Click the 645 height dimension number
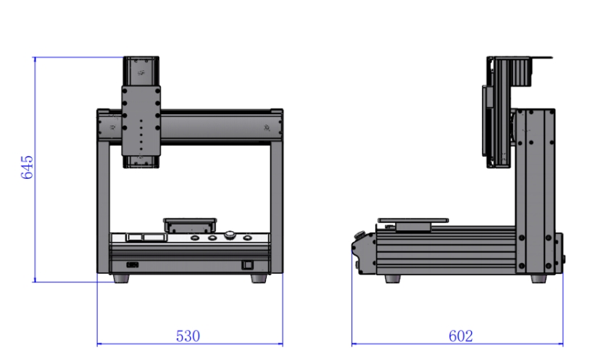tap(27, 167)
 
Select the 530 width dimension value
tap(188, 336)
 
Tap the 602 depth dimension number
tap(461, 336)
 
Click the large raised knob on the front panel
tap(230, 235)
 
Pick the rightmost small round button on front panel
tap(247, 238)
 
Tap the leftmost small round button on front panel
tap(195, 238)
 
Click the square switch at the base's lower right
tap(247, 264)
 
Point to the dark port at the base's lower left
tap(133, 265)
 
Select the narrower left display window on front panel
tap(133, 238)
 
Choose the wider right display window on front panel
tap(154, 238)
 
